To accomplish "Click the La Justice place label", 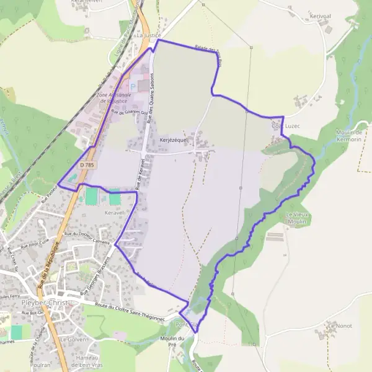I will point(148,36).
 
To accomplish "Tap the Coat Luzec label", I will point(286,126).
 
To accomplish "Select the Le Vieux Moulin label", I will point(296,218).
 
